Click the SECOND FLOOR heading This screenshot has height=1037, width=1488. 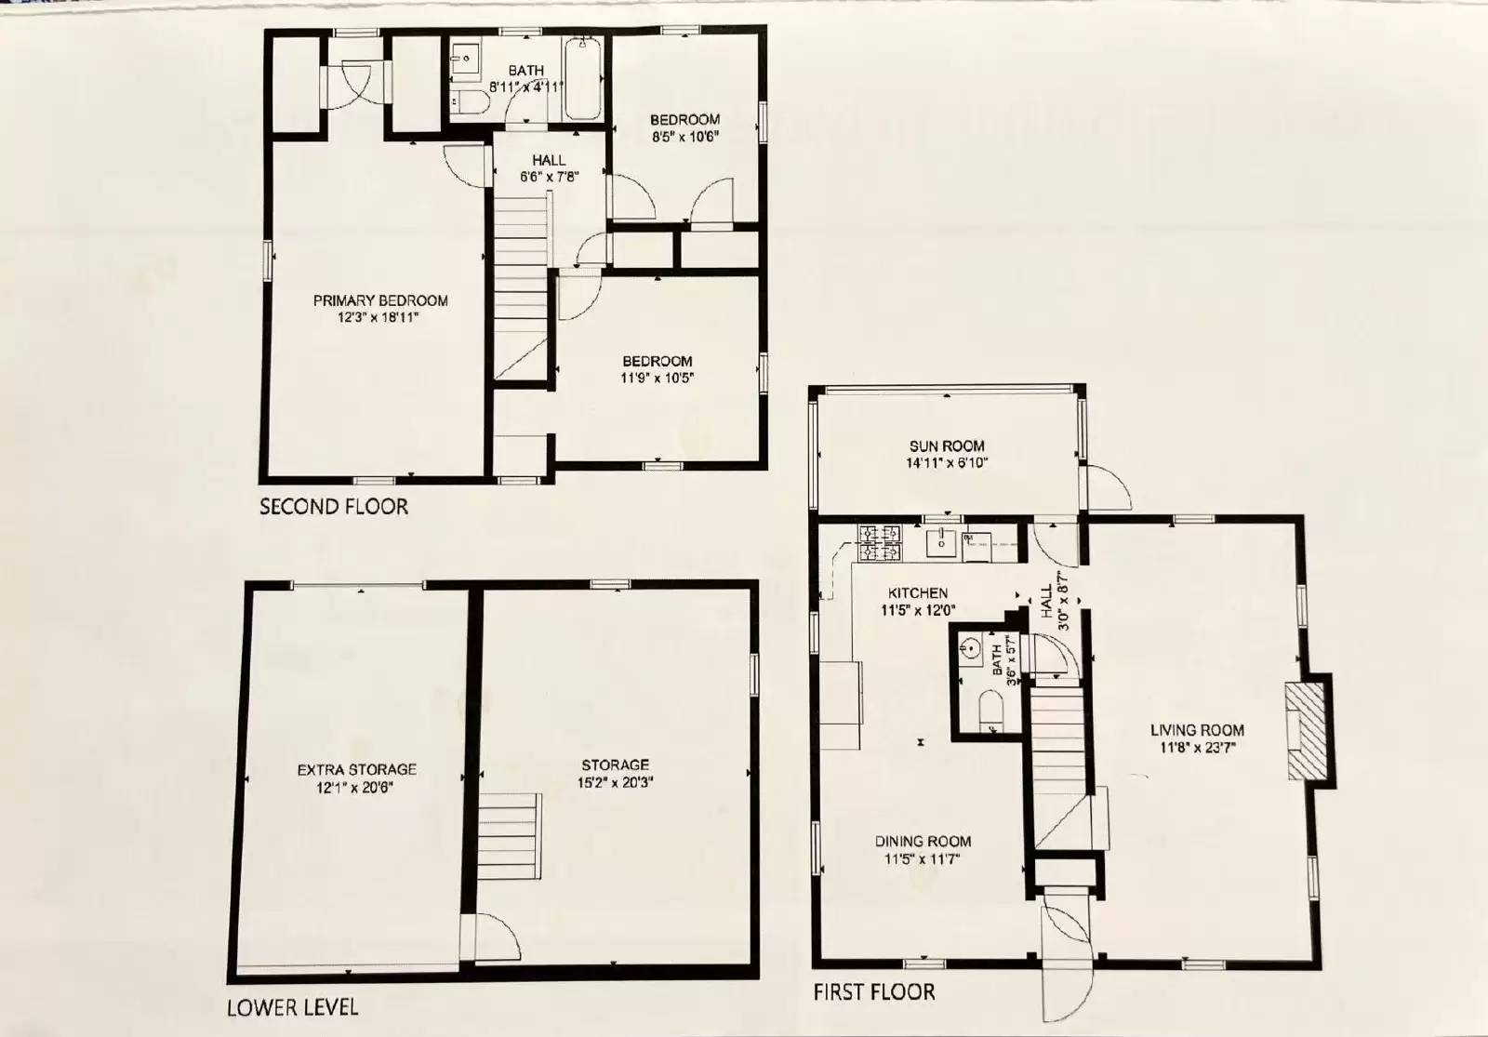tap(333, 507)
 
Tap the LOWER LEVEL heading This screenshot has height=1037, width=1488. tap(292, 1007)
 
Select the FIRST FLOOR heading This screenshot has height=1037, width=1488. tap(873, 992)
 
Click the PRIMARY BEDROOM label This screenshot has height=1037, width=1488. tap(380, 300)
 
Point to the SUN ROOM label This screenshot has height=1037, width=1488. tap(947, 445)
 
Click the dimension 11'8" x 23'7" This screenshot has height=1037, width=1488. tap(1197, 747)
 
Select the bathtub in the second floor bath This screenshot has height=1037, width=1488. tap(583, 79)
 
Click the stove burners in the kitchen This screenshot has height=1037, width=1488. tap(880, 543)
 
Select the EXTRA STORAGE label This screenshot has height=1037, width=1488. tap(356, 769)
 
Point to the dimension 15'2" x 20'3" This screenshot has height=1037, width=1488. tap(614, 782)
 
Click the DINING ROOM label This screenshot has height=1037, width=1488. tap(923, 842)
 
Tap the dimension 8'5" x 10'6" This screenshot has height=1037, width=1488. tap(684, 136)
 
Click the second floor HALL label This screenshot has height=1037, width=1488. tap(549, 160)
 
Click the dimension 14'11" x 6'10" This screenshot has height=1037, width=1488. tap(947, 462)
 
